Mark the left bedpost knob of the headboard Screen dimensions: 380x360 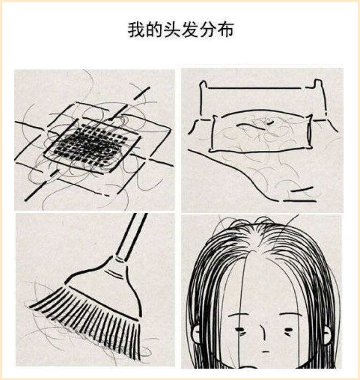(x=203, y=84)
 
